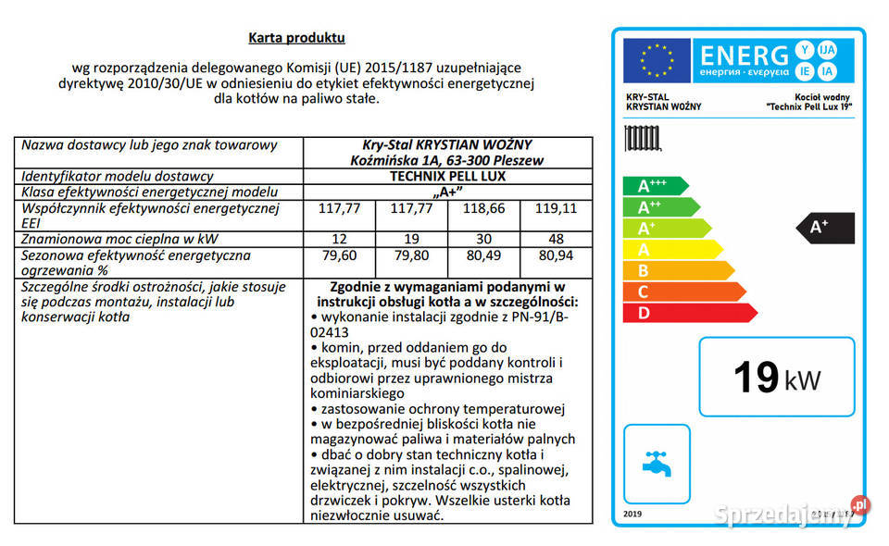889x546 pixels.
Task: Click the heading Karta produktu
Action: (x=296, y=38)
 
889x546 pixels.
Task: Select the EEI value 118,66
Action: (x=483, y=208)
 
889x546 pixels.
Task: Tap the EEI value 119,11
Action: (x=556, y=208)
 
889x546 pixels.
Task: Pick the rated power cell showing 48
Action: (x=556, y=239)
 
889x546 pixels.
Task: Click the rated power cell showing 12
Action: (x=340, y=239)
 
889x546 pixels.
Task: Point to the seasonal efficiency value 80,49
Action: (x=483, y=254)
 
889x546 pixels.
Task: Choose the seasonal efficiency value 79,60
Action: (x=340, y=254)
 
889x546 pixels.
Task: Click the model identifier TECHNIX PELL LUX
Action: (x=447, y=176)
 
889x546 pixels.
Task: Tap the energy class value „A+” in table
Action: (x=447, y=192)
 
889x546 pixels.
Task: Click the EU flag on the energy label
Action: (x=657, y=58)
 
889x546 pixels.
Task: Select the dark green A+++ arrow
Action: (x=654, y=186)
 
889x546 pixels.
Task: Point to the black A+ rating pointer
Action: (x=827, y=227)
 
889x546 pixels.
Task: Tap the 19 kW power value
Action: (x=776, y=378)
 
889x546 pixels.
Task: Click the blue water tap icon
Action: (x=657, y=463)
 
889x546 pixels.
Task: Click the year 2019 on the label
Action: (x=632, y=514)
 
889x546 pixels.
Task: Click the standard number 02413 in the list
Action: (x=331, y=330)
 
